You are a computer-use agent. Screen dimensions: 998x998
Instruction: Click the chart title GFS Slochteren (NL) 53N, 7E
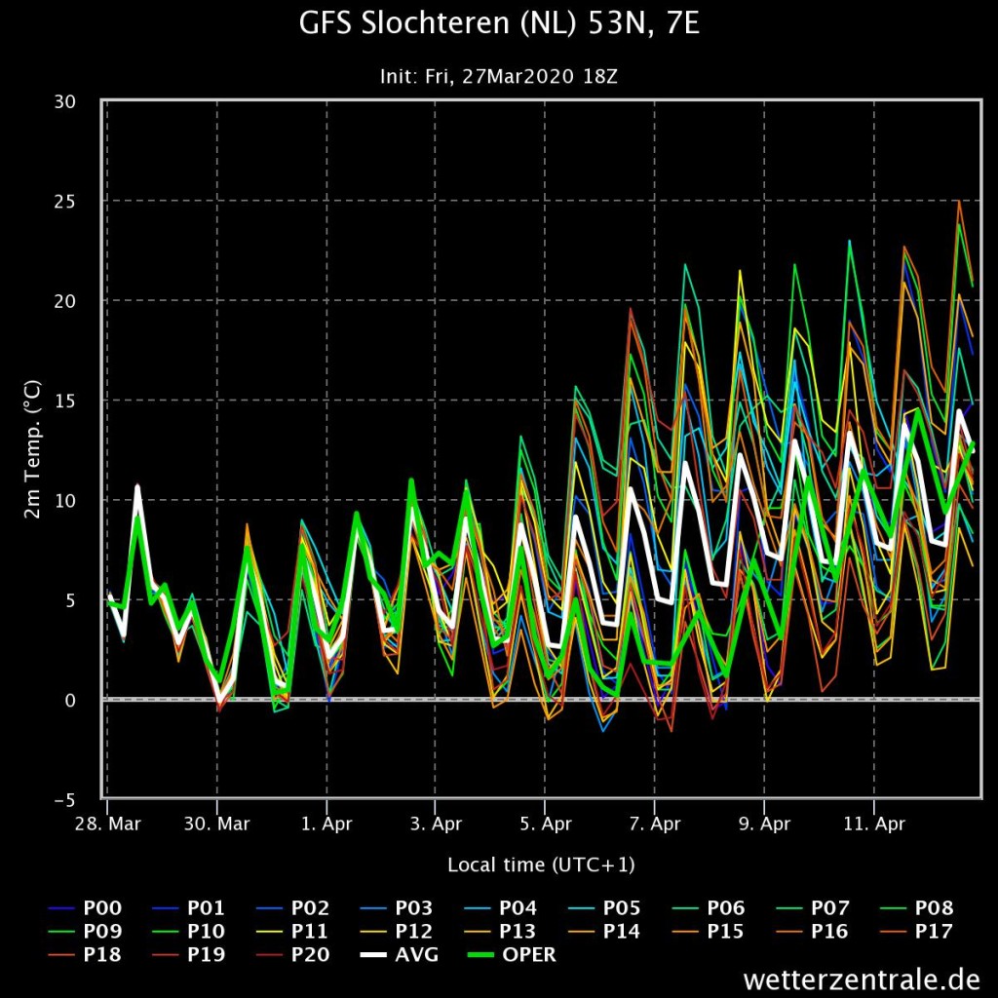tap(499, 24)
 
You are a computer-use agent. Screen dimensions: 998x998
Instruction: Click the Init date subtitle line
tap(498, 76)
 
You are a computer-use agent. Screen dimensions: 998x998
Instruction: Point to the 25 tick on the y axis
tap(65, 201)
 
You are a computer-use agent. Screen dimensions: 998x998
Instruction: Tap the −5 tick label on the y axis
tap(64, 800)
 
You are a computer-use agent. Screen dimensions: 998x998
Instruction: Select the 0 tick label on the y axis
tap(70, 700)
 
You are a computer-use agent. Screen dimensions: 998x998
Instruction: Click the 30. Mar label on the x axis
tap(217, 824)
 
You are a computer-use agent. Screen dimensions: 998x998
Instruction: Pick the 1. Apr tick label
tap(326, 824)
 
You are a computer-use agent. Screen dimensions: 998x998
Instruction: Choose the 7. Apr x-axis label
tap(655, 824)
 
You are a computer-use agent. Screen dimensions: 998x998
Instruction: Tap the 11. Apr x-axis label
tap(874, 824)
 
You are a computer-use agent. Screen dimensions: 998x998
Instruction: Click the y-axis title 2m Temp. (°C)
tap(32, 449)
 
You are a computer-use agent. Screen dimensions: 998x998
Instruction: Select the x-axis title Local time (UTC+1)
tap(541, 864)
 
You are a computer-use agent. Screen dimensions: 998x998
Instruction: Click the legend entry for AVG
tap(399, 955)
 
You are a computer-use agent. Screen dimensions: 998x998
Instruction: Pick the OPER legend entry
tap(512, 955)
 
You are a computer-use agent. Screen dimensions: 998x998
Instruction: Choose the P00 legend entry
tap(85, 908)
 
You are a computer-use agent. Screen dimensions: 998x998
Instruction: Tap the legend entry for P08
tap(916, 908)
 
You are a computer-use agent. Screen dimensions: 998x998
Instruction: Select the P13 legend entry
tap(500, 931)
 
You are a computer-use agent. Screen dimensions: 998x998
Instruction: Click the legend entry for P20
tap(292, 955)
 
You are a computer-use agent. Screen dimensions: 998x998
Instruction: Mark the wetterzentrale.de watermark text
tap(862, 979)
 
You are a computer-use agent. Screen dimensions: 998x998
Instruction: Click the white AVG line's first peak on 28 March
tap(136, 488)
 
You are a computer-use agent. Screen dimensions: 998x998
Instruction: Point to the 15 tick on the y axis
tap(65, 401)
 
